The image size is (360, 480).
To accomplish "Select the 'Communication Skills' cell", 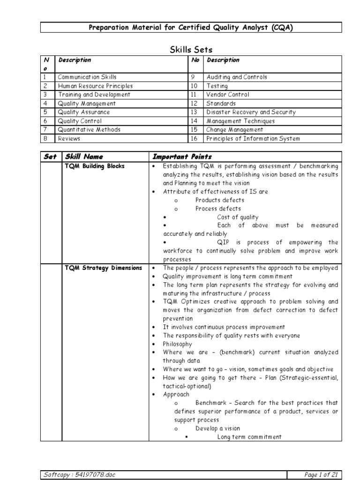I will point(87,77).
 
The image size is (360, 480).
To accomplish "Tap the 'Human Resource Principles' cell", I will point(95,86).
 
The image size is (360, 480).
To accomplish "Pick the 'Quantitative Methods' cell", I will point(89,130).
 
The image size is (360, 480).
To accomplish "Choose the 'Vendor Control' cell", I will point(228,95).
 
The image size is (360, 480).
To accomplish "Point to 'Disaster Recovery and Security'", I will point(251,112).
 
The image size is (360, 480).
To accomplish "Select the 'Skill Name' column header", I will point(84,157).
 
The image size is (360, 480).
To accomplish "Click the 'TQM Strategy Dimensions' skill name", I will point(103,268).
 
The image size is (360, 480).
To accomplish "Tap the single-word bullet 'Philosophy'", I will point(178,344).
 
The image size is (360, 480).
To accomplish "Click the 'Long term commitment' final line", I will point(249,437).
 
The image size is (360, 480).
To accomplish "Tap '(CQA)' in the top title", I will point(283,28).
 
